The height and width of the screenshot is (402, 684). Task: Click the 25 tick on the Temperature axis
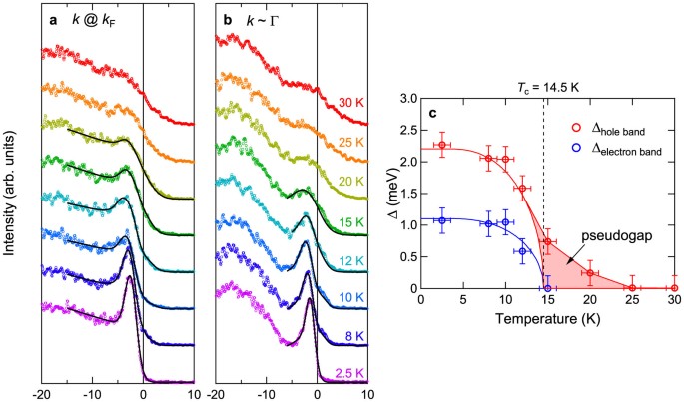coord(632,303)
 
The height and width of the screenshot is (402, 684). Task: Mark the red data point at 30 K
coord(674,288)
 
